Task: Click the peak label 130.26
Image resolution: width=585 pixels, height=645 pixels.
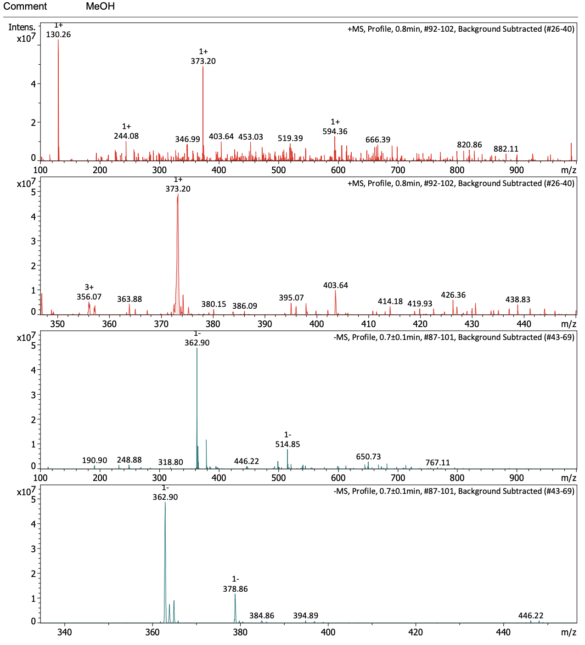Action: (58, 34)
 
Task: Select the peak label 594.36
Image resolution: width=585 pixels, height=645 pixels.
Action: (335, 131)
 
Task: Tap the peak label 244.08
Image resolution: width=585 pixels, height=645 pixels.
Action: (126, 136)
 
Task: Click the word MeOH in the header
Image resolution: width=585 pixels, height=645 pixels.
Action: (100, 6)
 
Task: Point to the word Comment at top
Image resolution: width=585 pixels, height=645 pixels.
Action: (25, 6)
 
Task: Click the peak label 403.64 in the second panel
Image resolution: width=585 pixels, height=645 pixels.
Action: (336, 285)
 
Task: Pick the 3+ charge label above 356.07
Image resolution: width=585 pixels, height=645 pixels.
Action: (89, 288)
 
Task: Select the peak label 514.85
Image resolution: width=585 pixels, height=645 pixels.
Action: (287, 444)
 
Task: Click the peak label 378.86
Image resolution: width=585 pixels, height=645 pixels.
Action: (235, 589)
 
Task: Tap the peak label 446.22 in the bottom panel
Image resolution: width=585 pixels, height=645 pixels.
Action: (531, 616)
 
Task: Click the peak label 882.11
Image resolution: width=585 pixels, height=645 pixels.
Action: (506, 149)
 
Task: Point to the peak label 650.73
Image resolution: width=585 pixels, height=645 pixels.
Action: (368, 457)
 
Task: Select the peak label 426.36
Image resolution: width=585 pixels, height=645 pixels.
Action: (453, 295)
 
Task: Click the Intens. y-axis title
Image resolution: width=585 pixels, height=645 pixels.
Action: (22, 28)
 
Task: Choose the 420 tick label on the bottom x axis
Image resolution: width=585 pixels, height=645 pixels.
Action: (416, 632)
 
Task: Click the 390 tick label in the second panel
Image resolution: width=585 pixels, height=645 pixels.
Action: (265, 323)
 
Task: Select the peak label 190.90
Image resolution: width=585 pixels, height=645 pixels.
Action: (95, 460)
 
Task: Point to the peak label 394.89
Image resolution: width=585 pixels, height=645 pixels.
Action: (306, 616)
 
